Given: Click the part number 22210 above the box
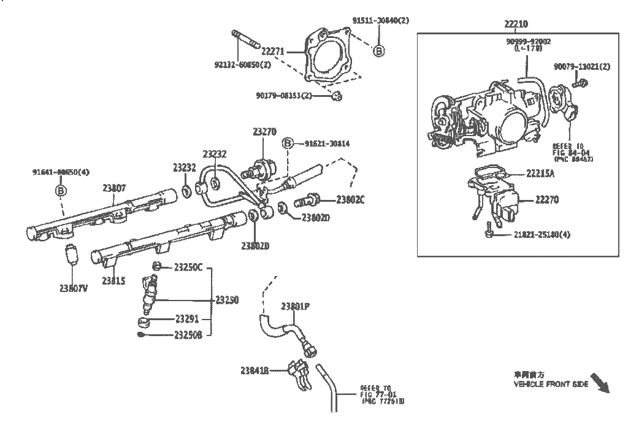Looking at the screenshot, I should point(516,24).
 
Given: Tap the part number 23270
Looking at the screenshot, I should point(264,131).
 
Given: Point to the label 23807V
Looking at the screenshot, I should point(74,288).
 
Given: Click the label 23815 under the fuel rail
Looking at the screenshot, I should point(113,281).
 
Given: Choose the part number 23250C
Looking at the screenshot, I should point(188,267).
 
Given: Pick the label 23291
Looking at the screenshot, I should point(186,319).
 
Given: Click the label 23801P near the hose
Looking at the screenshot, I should point(295,306).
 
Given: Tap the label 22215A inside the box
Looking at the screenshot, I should point(540,174).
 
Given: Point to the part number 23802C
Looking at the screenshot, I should point(350,199).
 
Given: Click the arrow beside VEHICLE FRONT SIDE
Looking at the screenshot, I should point(600,383).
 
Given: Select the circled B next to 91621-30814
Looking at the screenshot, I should point(287,144).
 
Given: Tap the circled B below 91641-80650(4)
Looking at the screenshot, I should point(61,191).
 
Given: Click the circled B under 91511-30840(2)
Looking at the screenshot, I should point(378,51).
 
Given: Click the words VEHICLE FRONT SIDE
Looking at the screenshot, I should point(551,385).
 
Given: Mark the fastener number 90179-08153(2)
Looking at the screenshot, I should point(284,96).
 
